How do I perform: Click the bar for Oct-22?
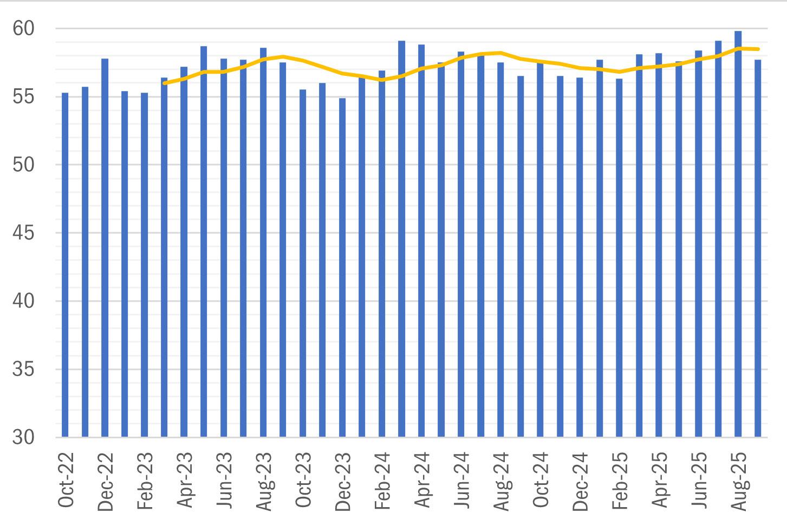[65, 265]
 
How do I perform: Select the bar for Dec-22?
[105, 248]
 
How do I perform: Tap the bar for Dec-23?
[342, 268]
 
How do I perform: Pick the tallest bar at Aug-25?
[738, 234]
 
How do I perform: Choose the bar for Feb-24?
[382, 254]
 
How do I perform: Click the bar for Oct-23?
[303, 263]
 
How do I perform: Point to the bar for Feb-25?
[619, 258]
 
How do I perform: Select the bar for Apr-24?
[421, 241]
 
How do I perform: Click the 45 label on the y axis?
[23, 232]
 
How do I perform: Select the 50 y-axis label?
[23, 165]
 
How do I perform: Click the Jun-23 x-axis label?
[224, 480]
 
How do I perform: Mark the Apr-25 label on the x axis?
[660, 480]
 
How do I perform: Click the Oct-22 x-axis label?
[66, 480]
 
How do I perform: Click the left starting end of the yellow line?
[165, 83]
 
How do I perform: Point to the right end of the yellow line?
[758, 49]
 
